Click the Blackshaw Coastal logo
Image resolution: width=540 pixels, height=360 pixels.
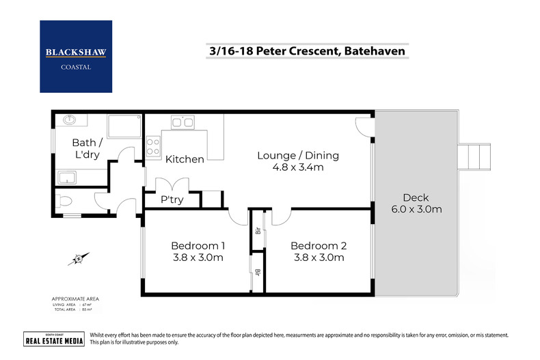tap(75, 56)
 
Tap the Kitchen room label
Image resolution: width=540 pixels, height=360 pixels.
tap(185, 159)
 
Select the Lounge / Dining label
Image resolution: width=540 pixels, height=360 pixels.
tap(297, 155)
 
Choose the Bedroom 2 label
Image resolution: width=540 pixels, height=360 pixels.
tap(319, 245)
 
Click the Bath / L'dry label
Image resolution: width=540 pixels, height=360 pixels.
tap(87, 149)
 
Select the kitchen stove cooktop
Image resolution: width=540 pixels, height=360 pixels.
tap(152, 146)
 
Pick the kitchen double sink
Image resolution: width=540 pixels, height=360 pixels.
tap(182, 122)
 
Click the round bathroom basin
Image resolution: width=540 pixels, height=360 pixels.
tap(68, 121)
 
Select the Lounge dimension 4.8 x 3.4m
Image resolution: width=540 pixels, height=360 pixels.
tap(297, 167)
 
